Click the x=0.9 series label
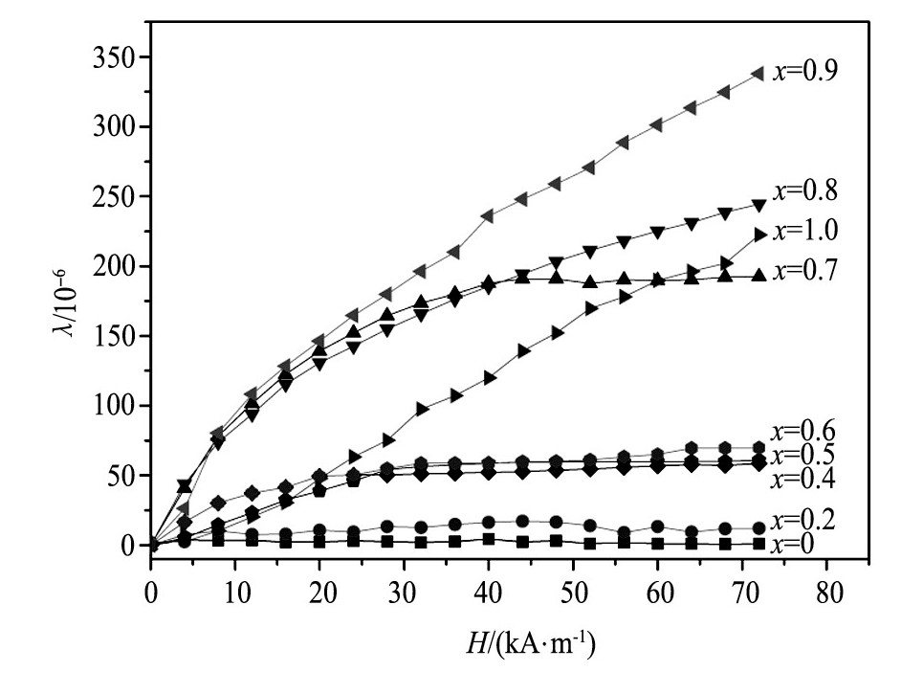tap(806, 72)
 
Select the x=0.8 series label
tap(806, 191)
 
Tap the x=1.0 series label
tap(806, 231)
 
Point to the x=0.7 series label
tap(806, 271)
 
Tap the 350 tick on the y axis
tap(121, 56)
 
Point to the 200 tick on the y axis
tap(121, 266)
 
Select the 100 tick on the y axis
tap(121, 406)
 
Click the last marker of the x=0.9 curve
tap(758, 73)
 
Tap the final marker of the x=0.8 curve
tap(758, 206)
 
